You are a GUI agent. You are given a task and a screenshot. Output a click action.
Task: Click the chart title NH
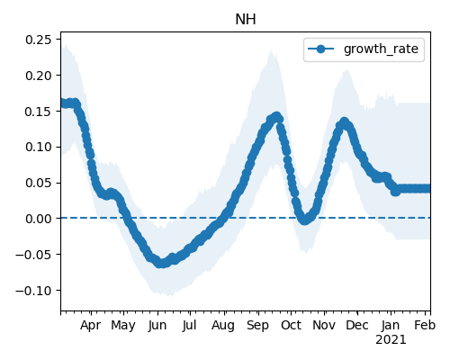(x=246, y=20)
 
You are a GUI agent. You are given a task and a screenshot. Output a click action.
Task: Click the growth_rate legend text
(x=381, y=49)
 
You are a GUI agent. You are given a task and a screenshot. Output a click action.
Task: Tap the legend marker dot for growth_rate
(x=320, y=49)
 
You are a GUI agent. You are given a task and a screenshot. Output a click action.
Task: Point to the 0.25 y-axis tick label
(x=39, y=40)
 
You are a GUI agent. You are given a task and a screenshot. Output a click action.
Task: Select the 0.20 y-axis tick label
(x=39, y=76)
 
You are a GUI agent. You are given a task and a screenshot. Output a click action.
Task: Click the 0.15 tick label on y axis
(x=39, y=112)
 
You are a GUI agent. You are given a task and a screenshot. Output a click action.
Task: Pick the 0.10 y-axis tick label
(x=39, y=147)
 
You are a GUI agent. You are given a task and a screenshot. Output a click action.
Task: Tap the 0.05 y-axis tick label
(x=39, y=183)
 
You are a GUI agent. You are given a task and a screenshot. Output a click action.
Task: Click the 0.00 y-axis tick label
(x=39, y=219)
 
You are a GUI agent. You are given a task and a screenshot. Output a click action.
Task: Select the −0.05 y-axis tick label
(x=33, y=255)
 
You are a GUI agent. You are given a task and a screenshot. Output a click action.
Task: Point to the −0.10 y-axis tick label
(x=33, y=291)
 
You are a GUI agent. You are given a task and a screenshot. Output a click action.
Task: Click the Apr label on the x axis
(x=90, y=326)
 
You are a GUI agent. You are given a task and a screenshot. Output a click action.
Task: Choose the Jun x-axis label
(x=157, y=326)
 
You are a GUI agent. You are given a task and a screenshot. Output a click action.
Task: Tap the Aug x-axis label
(x=223, y=326)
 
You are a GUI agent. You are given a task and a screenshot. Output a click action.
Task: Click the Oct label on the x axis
(x=291, y=326)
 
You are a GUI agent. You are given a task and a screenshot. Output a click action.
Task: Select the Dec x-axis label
(x=357, y=326)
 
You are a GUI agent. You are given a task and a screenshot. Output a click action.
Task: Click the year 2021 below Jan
(x=391, y=340)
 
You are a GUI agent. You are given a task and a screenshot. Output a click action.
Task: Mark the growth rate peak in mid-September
(x=276, y=116)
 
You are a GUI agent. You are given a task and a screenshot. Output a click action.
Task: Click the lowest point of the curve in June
(x=161, y=264)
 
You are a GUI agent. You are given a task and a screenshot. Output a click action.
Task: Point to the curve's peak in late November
(x=344, y=122)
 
